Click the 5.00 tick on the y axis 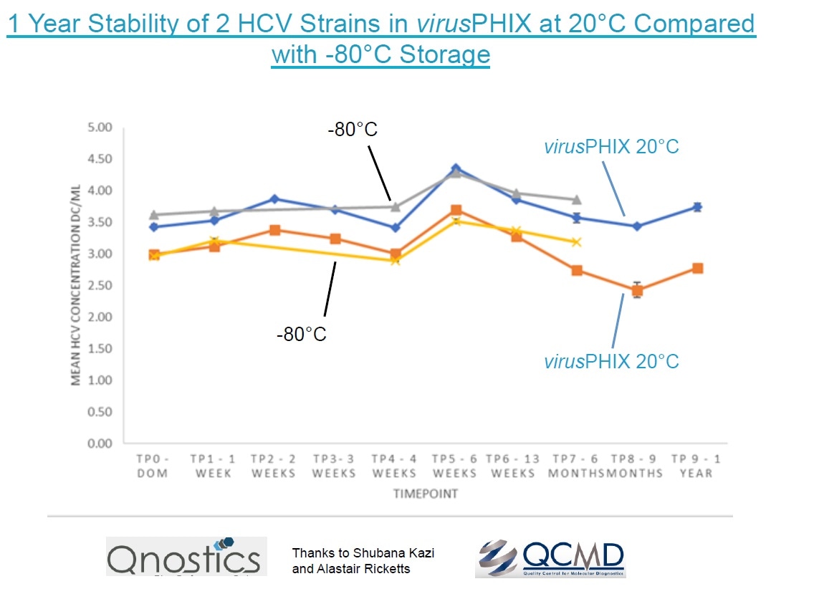click(100, 128)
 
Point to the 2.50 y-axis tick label click(100, 285)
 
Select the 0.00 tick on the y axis click(100, 444)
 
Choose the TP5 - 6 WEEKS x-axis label click(454, 465)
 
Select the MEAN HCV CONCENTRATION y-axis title click(76, 285)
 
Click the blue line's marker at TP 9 click(696, 207)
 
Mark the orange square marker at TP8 click(637, 290)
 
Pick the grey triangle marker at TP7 click(576, 200)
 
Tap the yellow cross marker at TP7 click(576, 242)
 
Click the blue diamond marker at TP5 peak click(455, 169)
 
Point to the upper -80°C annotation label click(353, 130)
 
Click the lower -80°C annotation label click(301, 334)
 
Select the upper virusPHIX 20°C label click(610, 147)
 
